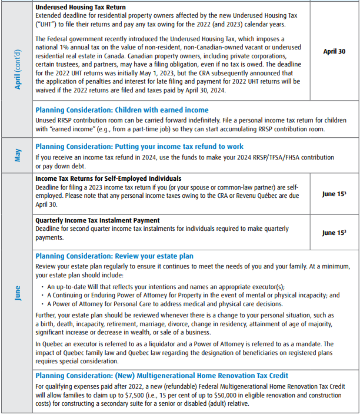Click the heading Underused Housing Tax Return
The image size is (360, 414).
(81, 7)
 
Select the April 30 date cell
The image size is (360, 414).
(334, 51)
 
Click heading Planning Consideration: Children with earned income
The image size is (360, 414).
(122, 110)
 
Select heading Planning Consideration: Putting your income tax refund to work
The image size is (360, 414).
(139, 147)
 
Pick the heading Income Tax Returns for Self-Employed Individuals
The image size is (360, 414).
(108, 178)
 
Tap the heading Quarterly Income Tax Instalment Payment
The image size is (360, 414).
(98, 220)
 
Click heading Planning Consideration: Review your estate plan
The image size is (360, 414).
(114, 256)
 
